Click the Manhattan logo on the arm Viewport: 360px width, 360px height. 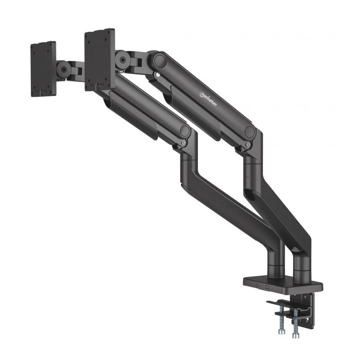[209, 96]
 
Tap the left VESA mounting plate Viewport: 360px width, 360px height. [43, 69]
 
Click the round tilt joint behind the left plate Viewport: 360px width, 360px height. [64, 70]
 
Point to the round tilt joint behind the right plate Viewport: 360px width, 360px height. [123, 60]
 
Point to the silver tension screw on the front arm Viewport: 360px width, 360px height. [184, 143]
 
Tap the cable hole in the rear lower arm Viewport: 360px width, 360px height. [253, 196]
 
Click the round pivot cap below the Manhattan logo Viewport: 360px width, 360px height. [249, 132]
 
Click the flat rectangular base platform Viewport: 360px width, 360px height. [283, 283]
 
